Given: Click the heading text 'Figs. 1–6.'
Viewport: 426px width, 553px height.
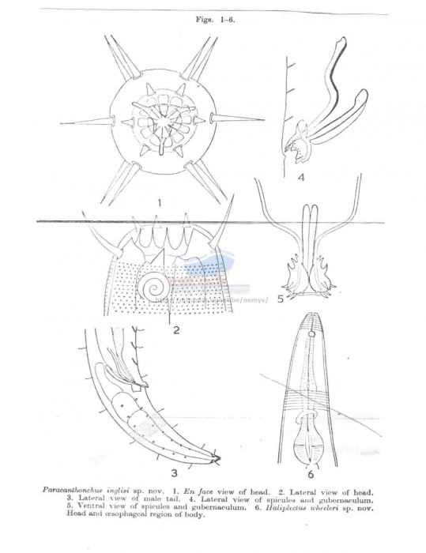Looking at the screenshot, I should pyautogui.click(x=213, y=20).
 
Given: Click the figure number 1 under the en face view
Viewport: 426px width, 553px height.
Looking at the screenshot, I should pyautogui.click(x=160, y=203).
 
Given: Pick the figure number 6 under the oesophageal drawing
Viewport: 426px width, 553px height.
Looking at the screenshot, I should pyautogui.click(x=311, y=474).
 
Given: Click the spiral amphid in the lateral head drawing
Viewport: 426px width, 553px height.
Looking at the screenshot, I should pyautogui.click(x=154, y=290).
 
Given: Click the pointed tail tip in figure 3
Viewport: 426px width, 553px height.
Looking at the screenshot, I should pyautogui.click(x=218, y=458).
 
